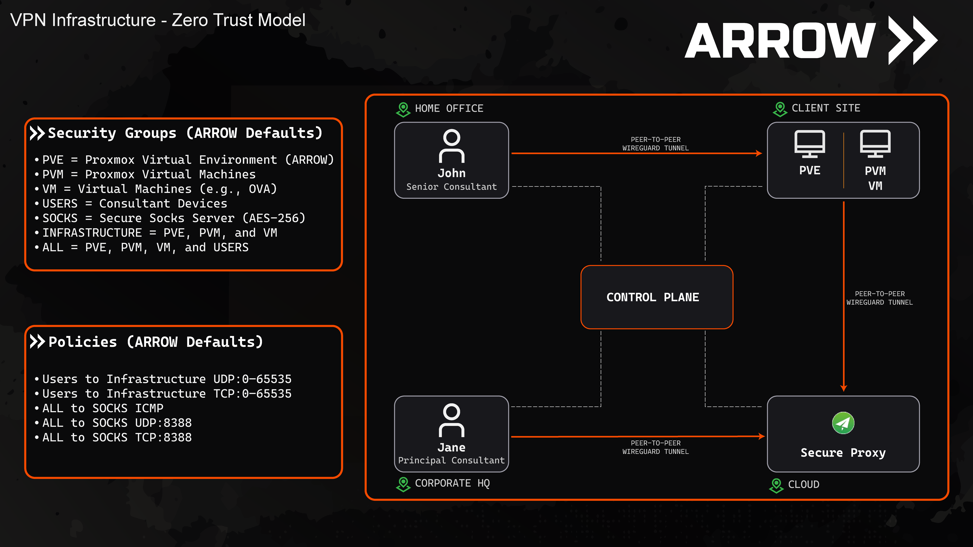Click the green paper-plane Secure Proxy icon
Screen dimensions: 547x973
click(x=843, y=423)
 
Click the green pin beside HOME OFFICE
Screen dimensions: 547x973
click(x=403, y=109)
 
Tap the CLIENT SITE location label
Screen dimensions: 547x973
click(x=826, y=108)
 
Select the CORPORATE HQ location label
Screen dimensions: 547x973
click(x=452, y=483)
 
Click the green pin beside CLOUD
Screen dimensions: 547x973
click(x=776, y=485)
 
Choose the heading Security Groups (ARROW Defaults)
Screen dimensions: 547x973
click(x=185, y=133)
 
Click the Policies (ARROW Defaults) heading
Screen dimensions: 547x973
click(x=156, y=342)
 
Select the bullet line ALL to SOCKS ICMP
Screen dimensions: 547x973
click(x=103, y=408)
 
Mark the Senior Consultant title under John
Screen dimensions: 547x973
click(x=451, y=187)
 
